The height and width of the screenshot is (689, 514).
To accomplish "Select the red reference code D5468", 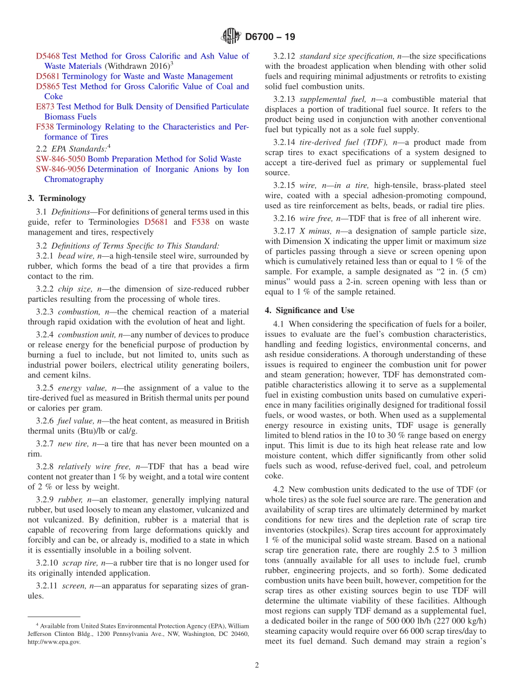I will point(48,56).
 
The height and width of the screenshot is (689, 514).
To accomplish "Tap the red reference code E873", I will point(45,107).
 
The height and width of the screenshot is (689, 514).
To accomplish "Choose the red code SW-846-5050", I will point(61,159).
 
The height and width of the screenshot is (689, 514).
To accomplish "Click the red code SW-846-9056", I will point(61,169).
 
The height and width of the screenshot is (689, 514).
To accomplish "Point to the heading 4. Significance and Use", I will point(309,310).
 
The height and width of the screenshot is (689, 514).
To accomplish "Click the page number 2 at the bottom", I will point(256,665).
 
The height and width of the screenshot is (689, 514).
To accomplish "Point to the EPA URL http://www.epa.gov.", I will point(54,642).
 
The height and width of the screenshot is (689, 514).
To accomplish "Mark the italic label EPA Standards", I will point(79,148).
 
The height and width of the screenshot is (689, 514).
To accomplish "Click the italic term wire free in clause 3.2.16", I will point(315,218).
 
